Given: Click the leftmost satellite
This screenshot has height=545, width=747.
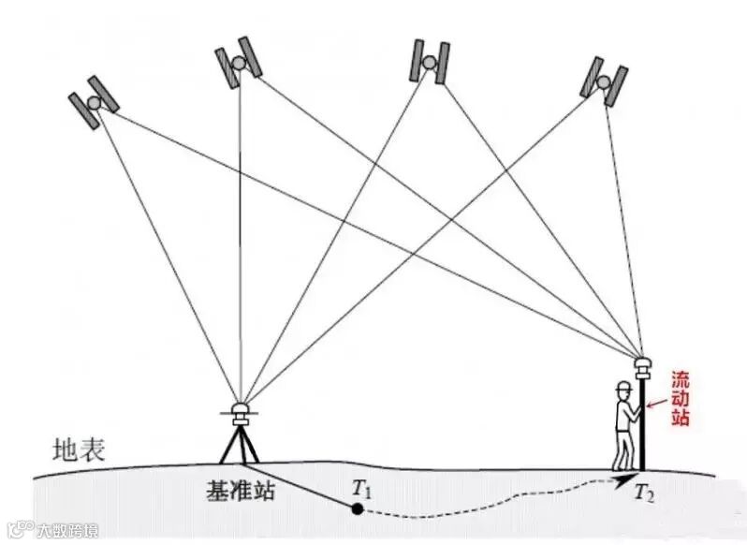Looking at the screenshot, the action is [x=94, y=100].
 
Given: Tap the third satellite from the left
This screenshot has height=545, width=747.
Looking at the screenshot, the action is [x=429, y=61].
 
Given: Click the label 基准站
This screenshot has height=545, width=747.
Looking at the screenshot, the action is [x=241, y=490].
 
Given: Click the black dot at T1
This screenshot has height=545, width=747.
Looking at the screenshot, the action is [x=357, y=508].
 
